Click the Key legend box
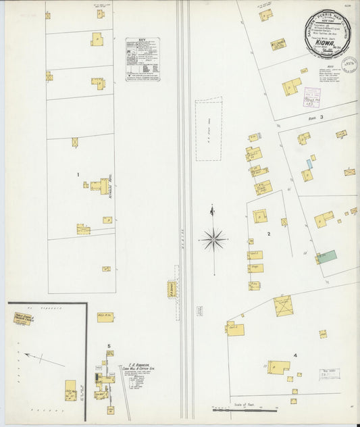pyautogui.click(x=143, y=59)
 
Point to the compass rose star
pyautogui.click(x=213, y=238)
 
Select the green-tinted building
pyautogui.click(x=327, y=257)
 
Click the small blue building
pyautogui.click(x=310, y=164)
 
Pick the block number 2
pyautogui.click(x=268, y=234)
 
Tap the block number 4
pyautogui.click(x=294, y=355)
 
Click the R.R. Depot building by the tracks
pyautogui.click(x=172, y=289)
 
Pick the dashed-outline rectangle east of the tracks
pyautogui.click(x=209, y=128)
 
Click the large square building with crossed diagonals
pyautogui.click(x=283, y=305)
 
